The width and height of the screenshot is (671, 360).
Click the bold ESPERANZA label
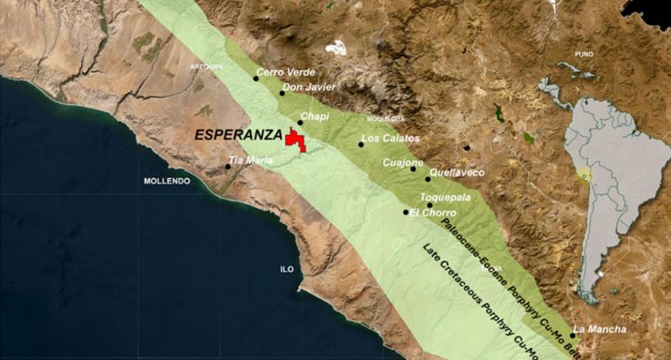pyautogui.click(x=237, y=135)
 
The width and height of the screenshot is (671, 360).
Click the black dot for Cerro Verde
pyautogui.click(x=255, y=78)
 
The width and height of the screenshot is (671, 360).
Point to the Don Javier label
pyautogui.click(x=309, y=87)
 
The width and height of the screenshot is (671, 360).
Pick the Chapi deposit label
pyautogui.click(x=315, y=116)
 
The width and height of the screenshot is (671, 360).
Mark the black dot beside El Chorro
pyautogui.click(x=406, y=212)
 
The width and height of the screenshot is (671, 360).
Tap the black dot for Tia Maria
pyautogui.click(x=228, y=165)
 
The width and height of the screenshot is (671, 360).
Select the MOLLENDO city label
pyautogui.click(x=167, y=181)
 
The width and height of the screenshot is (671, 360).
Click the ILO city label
pyautogui.click(x=287, y=269)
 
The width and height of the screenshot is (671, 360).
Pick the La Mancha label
pyautogui.click(x=599, y=328)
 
